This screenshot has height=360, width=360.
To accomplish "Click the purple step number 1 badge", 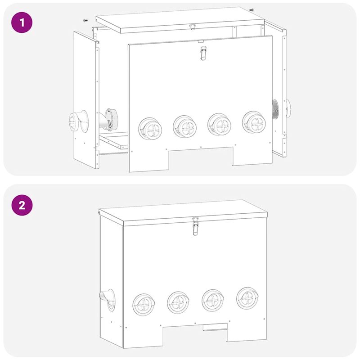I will [21, 21].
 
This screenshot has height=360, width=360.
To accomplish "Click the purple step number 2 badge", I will [21, 206].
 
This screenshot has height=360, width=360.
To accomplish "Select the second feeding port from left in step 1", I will [183, 126].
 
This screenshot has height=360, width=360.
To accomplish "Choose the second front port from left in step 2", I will [177, 302].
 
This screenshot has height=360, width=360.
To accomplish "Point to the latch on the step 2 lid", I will [195, 226].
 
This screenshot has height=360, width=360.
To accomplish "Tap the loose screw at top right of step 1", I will [251, 9].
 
